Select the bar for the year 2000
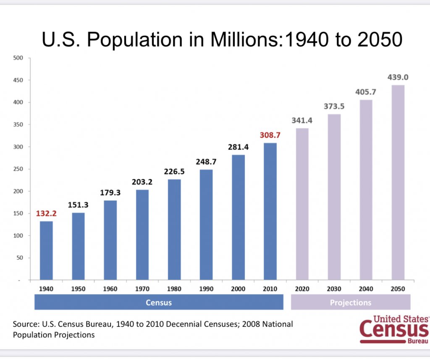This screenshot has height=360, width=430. tap(238, 217)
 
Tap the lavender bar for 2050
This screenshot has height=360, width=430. tap(398, 182)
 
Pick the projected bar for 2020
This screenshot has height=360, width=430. tap(302, 204)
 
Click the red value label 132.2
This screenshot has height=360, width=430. tap(46, 213)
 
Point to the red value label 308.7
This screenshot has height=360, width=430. tap(270, 136)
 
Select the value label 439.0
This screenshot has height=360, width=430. tap(398, 77)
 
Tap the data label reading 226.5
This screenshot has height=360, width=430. tap(174, 171)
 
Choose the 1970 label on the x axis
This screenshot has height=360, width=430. tap(142, 289)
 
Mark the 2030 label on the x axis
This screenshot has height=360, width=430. tap(334, 289)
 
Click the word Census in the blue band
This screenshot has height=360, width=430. tap(159, 302)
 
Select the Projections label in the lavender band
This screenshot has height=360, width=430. tap(351, 302)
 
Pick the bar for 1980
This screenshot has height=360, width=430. tap(174, 229)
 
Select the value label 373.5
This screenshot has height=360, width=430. tap(334, 106)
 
